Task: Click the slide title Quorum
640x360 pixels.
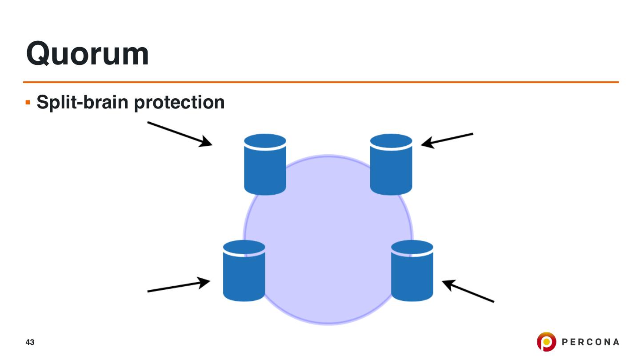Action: (x=88, y=54)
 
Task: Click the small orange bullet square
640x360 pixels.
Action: (x=28, y=103)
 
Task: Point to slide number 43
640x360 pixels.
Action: (x=30, y=342)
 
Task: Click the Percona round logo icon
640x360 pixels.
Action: (x=546, y=342)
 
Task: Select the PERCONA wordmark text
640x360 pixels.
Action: (x=590, y=342)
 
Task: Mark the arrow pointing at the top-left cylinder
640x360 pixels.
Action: (x=180, y=133)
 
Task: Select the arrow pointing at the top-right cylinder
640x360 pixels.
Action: (x=447, y=140)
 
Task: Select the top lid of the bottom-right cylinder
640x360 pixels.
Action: (x=412, y=248)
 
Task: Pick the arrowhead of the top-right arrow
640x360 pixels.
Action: (x=426, y=143)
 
